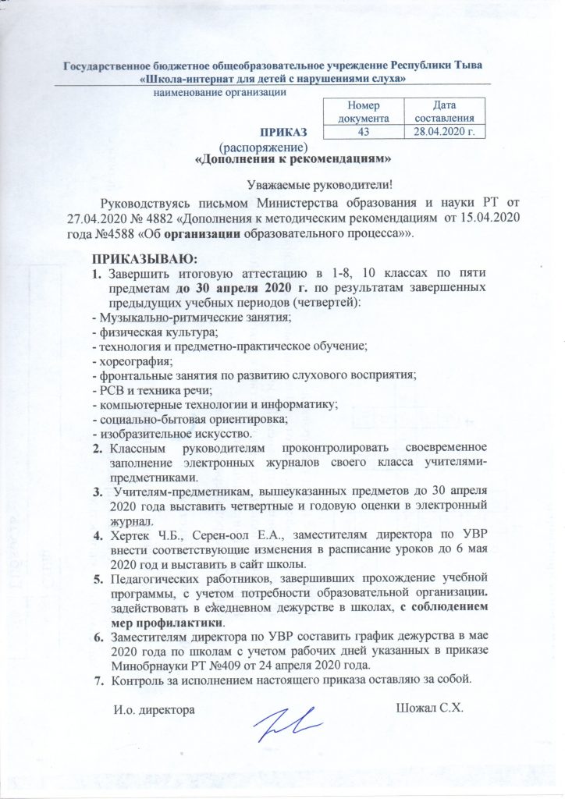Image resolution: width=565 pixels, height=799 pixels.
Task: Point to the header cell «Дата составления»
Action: coord(444,112)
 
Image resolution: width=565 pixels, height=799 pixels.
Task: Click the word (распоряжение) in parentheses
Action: coord(263,145)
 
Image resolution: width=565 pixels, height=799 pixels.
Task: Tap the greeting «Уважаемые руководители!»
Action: coord(317,186)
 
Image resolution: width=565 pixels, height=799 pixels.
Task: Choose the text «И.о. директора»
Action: coord(151,709)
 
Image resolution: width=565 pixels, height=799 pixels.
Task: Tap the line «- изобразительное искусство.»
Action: coord(171,433)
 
